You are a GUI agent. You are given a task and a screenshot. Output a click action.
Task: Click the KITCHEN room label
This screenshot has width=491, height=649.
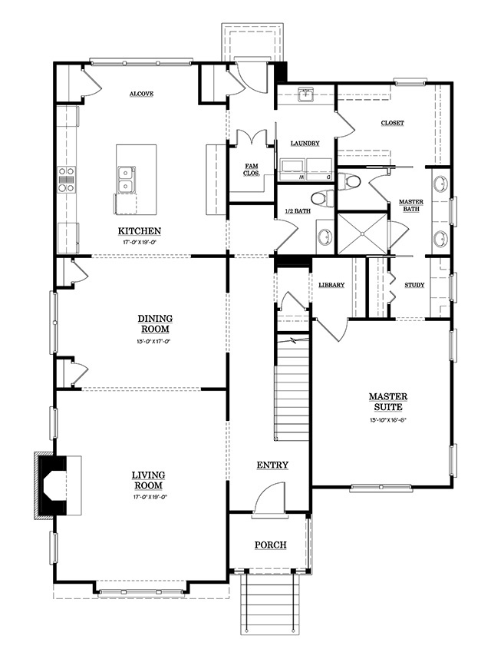tap(140, 231)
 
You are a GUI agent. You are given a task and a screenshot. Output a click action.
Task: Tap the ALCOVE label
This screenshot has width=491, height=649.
tap(141, 94)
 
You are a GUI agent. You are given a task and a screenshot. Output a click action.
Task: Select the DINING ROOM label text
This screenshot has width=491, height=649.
tap(155, 323)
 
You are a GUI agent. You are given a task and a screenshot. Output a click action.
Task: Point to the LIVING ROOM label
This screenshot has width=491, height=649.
tap(148, 480)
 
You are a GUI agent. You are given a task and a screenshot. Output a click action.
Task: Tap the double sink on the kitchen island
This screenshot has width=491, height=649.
tap(125, 179)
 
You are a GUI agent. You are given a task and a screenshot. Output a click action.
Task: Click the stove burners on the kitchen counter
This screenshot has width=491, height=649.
tap(66, 179)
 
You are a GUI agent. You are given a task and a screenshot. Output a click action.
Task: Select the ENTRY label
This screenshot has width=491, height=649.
tap(272, 465)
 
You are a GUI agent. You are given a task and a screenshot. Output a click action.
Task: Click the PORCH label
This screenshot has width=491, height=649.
tap(270, 545)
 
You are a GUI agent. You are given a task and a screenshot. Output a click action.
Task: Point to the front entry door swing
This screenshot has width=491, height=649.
tap(269, 499)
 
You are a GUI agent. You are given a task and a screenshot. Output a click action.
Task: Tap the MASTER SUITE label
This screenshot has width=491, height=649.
tap(388, 402)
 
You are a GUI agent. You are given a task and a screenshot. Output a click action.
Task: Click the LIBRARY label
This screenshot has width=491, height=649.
tap(331, 285)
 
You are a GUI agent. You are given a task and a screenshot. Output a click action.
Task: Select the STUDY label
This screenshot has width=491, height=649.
tap(414, 285)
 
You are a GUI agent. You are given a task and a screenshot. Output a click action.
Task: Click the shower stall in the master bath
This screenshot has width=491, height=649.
tap(362, 233)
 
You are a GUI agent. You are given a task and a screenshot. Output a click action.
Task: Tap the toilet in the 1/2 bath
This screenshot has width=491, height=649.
tap(322, 197)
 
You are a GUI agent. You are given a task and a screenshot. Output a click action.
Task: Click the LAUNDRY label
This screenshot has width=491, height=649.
tap(305, 143)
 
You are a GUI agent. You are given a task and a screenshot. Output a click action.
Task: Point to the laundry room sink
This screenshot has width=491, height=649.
tap(306, 94)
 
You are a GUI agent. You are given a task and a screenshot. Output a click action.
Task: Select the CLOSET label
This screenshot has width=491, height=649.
tap(392, 123)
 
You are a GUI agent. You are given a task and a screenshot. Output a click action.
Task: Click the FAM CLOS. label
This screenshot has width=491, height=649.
tap(252, 170)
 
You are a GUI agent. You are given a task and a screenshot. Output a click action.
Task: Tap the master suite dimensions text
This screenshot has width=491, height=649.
tap(388, 420)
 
